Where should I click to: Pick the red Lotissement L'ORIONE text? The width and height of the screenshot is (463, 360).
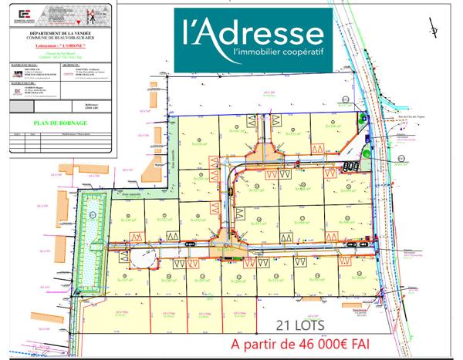pos(59,46)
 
